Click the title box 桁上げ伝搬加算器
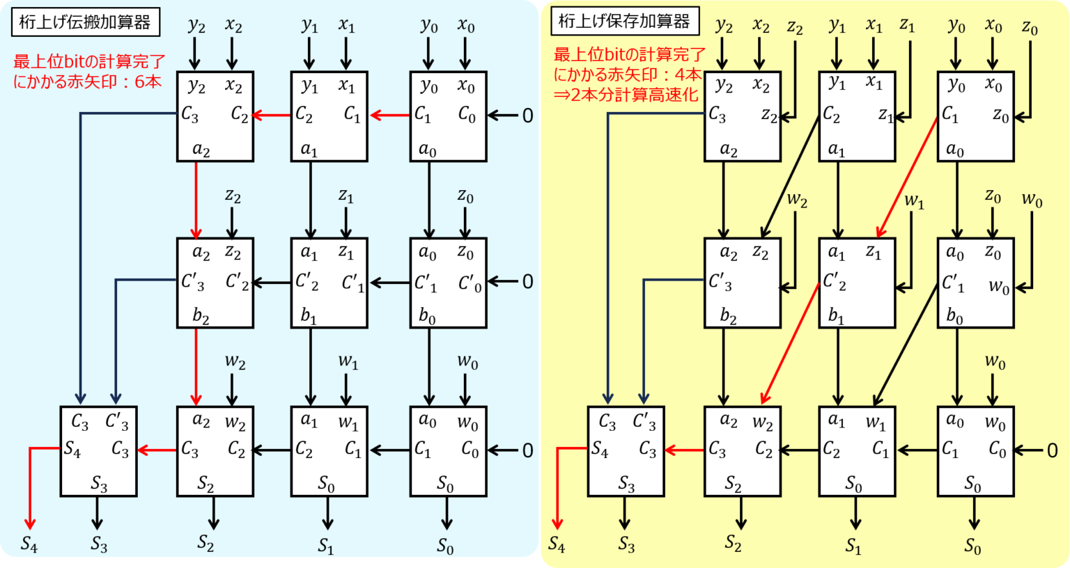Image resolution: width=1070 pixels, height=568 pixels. (x=86, y=22)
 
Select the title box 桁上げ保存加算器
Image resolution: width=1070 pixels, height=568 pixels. (x=625, y=21)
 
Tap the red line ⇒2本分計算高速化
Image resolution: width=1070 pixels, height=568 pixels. (x=626, y=95)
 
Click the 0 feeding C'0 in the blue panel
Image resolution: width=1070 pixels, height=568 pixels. (x=527, y=282)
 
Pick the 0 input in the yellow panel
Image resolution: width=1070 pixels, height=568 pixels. (x=1052, y=450)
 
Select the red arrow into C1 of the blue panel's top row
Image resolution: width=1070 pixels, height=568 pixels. (x=390, y=115)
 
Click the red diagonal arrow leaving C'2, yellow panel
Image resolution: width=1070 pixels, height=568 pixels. (x=790, y=343)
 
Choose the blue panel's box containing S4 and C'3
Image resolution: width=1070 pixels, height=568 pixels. (x=98, y=452)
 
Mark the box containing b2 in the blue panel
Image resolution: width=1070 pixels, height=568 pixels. (x=215, y=283)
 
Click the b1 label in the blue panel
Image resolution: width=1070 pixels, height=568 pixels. (x=309, y=315)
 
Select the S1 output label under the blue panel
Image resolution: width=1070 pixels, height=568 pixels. (x=326, y=545)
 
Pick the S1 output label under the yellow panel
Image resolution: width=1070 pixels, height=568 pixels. (x=853, y=545)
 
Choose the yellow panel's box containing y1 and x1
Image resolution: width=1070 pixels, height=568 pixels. (x=857, y=116)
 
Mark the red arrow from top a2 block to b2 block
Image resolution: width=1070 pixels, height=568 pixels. (x=196, y=200)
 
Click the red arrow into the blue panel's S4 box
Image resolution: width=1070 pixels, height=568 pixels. (x=157, y=450)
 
